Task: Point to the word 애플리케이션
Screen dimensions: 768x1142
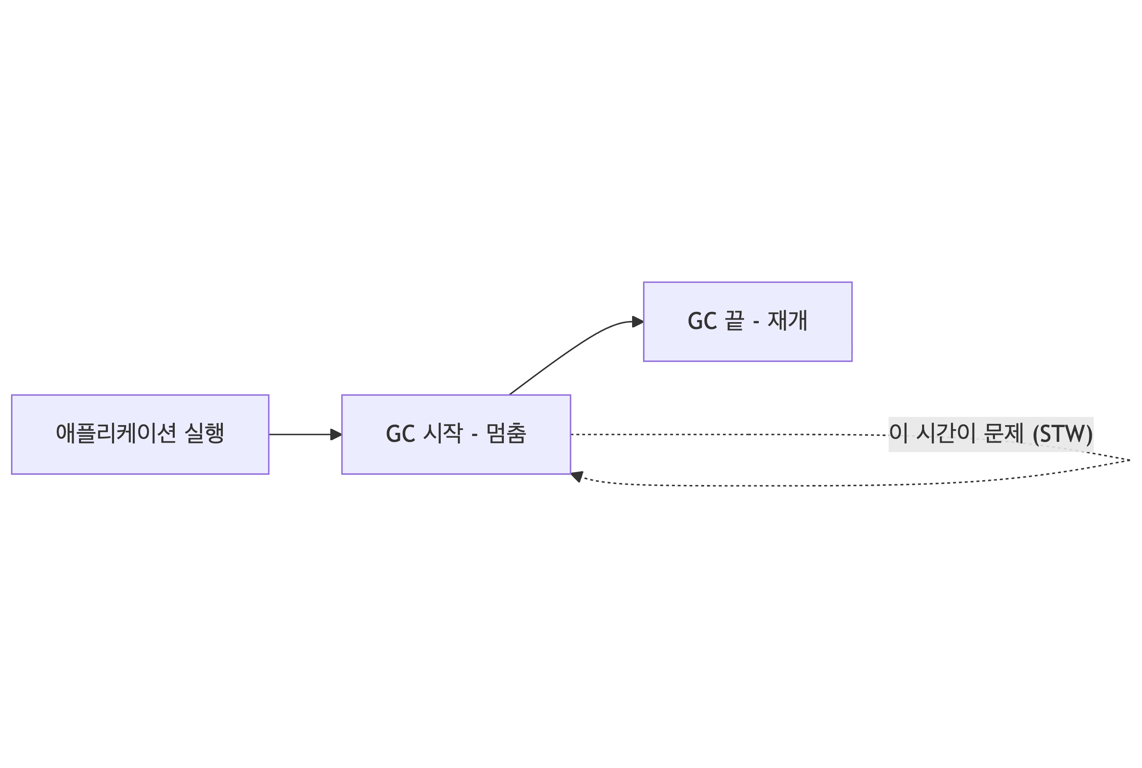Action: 116,433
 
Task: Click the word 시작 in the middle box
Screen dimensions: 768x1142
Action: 442,433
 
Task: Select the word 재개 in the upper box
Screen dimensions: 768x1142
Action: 787,321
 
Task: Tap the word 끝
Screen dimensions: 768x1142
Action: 734,321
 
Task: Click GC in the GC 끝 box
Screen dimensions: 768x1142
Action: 702,321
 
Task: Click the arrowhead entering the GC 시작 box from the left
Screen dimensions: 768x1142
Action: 336,434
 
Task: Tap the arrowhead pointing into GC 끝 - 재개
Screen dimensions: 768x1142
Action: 637,322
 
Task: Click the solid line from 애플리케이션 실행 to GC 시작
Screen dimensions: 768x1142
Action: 300,434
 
